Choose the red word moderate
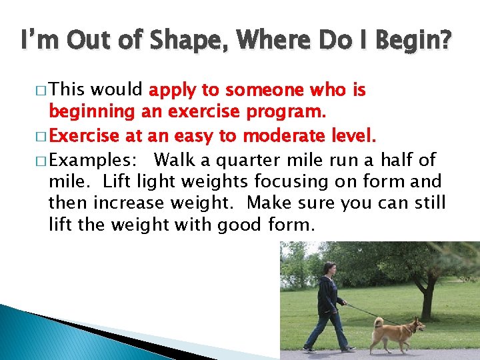point(289,137)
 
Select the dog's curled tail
point(378,323)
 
